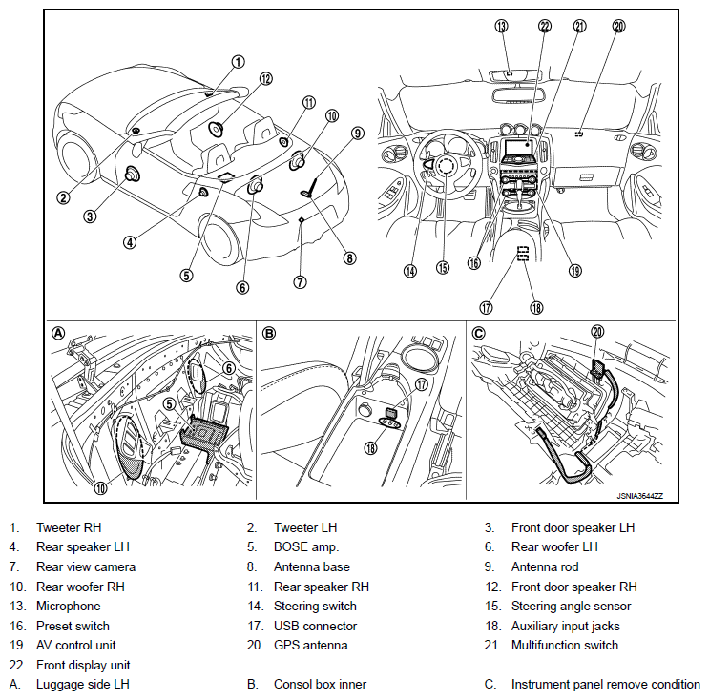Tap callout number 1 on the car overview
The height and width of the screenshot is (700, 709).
(237, 60)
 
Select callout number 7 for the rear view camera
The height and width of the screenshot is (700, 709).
(300, 281)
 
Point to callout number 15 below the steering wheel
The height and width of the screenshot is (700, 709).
(442, 268)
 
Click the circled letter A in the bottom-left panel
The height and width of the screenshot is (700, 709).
(59, 333)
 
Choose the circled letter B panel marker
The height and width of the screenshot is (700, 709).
(269, 333)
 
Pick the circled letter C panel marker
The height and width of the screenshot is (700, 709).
(479, 333)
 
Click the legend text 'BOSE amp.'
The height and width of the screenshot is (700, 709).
(304, 546)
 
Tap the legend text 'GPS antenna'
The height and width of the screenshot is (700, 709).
(310, 646)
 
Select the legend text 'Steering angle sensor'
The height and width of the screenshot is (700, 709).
(571, 606)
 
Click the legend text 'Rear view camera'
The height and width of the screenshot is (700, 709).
(86, 566)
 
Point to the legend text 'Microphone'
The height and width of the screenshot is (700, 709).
(68, 606)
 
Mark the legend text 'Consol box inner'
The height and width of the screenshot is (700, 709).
(320, 684)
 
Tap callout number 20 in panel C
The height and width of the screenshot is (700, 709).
(598, 332)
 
